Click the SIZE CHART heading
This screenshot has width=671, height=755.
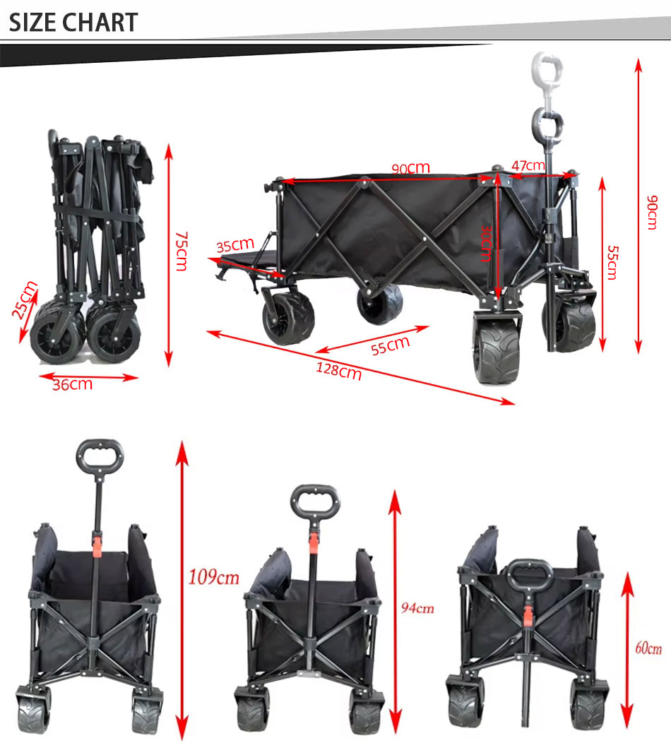pos(73,23)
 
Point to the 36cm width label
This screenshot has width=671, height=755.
pos(72,385)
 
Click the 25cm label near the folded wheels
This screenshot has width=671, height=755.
pos(26,299)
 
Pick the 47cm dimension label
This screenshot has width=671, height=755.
pos(528,166)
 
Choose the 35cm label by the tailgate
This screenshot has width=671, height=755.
pos(234,246)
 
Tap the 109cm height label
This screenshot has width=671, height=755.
pos(214,578)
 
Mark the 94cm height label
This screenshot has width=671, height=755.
pos(417,608)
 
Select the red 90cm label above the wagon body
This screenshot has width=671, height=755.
pos(410,168)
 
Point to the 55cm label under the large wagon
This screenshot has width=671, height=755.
pos(390,345)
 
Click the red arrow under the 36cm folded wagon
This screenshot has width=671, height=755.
pos(88,376)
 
